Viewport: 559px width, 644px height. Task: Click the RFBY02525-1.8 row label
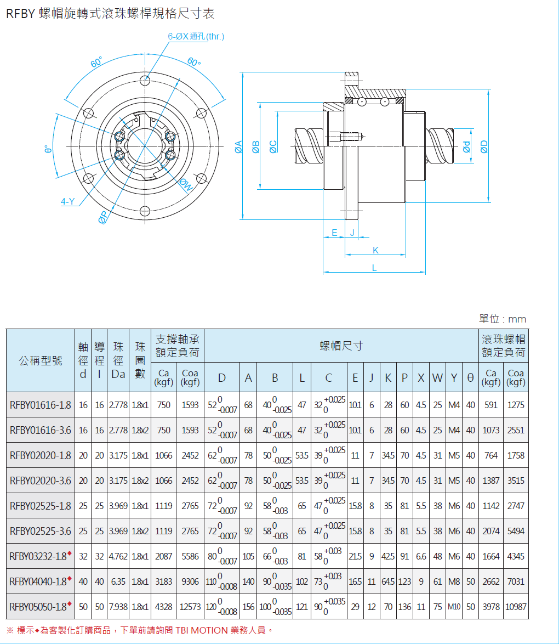(41, 506)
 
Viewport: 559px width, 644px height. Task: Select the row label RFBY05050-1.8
(38, 607)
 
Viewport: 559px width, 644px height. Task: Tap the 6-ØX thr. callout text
(196, 37)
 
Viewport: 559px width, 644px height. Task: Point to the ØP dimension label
(103, 218)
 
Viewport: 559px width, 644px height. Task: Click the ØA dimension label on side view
(238, 146)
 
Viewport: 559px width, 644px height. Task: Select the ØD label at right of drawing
(484, 146)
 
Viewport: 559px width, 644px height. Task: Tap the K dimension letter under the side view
(375, 250)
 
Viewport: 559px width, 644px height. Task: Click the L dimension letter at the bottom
(374, 268)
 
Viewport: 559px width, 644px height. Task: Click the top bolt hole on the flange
(145, 81)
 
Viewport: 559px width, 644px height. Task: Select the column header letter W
(437, 377)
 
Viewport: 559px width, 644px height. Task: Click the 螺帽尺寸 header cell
(341, 346)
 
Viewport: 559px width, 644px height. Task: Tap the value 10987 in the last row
(515, 607)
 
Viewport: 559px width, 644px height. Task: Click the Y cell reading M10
(454, 607)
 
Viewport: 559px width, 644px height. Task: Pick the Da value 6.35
(118, 581)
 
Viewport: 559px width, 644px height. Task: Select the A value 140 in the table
(248, 581)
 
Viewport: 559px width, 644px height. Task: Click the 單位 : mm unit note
(502, 319)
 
